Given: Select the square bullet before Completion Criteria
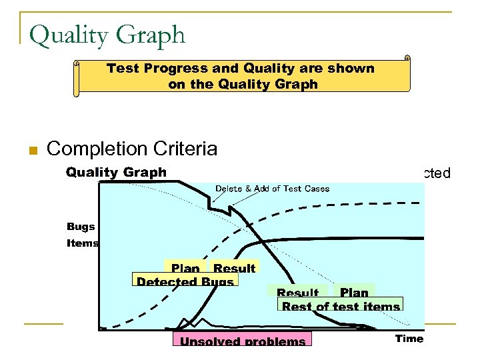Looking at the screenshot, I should click(31, 150).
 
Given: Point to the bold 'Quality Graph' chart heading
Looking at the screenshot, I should click(116, 173).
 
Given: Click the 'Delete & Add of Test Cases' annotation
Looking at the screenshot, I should click(272, 189).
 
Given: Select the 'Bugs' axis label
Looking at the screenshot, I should click(81, 227).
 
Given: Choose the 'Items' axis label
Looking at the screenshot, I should click(83, 243).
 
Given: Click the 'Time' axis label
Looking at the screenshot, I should click(409, 339).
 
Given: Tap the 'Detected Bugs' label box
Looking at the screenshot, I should click(185, 281).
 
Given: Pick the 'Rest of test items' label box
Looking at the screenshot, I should click(341, 306).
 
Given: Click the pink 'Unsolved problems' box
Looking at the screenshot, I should click(242, 341).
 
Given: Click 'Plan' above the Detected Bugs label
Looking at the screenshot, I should click(185, 268).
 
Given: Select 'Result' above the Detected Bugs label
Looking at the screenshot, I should click(234, 268).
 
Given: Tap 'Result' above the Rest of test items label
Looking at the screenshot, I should click(297, 293).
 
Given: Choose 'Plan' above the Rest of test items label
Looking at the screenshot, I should click(354, 292).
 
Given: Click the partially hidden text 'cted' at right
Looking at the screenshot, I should click(438, 174).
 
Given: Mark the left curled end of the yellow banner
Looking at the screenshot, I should click(77, 79).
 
